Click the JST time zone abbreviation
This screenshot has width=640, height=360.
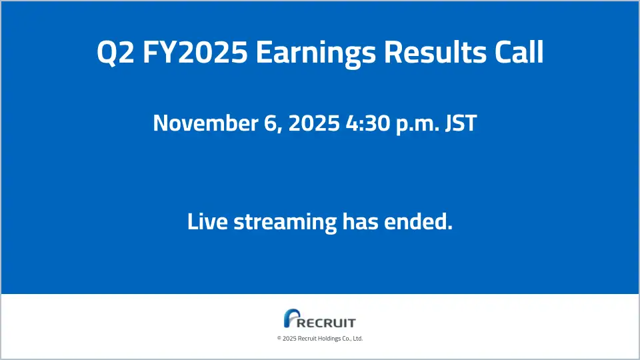(x=461, y=123)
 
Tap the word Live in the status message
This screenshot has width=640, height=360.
(x=207, y=221)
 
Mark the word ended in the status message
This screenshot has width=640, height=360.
(x=421, y=221)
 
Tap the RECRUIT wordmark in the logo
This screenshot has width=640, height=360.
(x=327, y=323)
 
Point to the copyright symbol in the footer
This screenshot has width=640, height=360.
(x=279, y=339)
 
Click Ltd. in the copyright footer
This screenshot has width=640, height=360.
(x=357, y=339)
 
